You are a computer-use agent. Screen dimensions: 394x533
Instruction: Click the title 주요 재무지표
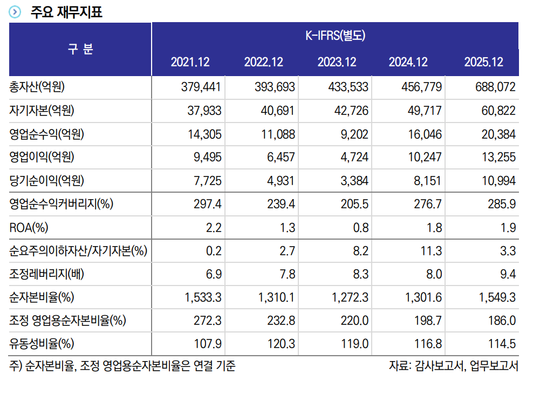point(66,11)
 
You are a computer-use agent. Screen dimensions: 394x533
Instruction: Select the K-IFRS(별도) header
point(335,36)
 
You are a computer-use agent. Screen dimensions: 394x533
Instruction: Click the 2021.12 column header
point(190,62)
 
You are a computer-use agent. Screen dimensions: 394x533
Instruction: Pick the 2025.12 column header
point(483,62)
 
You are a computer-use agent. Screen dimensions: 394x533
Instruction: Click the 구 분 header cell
point(80,49)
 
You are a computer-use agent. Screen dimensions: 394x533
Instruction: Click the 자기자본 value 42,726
point(351,111)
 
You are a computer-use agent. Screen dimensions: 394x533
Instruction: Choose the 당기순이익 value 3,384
point(354,181)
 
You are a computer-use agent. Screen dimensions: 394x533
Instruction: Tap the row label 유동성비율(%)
point(42,344)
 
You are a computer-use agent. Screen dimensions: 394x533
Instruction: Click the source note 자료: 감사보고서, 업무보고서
point(454,366)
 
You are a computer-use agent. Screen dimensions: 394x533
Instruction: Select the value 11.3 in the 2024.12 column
point(432,251)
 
